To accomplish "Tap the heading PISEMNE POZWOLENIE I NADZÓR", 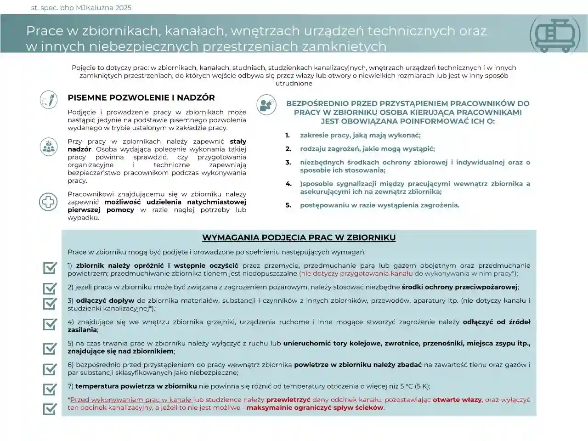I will click(x=141, y=98).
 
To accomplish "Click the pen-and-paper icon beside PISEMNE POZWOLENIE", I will click(x=48, y=99).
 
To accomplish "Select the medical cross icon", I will click(x=48, y=202).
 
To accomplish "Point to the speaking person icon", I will click(x=266, y=104).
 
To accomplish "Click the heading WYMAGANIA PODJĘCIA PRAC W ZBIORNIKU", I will click(x=299, y=237).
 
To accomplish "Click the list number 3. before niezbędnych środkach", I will click(x=288, y=162).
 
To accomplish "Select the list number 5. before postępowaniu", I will click(x=288, y=205).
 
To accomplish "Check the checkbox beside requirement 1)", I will click(x=50, y=268).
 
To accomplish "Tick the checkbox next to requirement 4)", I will click(x=50, y=324).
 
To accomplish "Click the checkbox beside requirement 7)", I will click(x=50, y=389).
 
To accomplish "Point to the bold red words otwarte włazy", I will click(x=457, y=400).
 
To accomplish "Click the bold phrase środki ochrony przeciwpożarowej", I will click(x=459, y=287).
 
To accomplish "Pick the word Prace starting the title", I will click(x=44, y=31).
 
